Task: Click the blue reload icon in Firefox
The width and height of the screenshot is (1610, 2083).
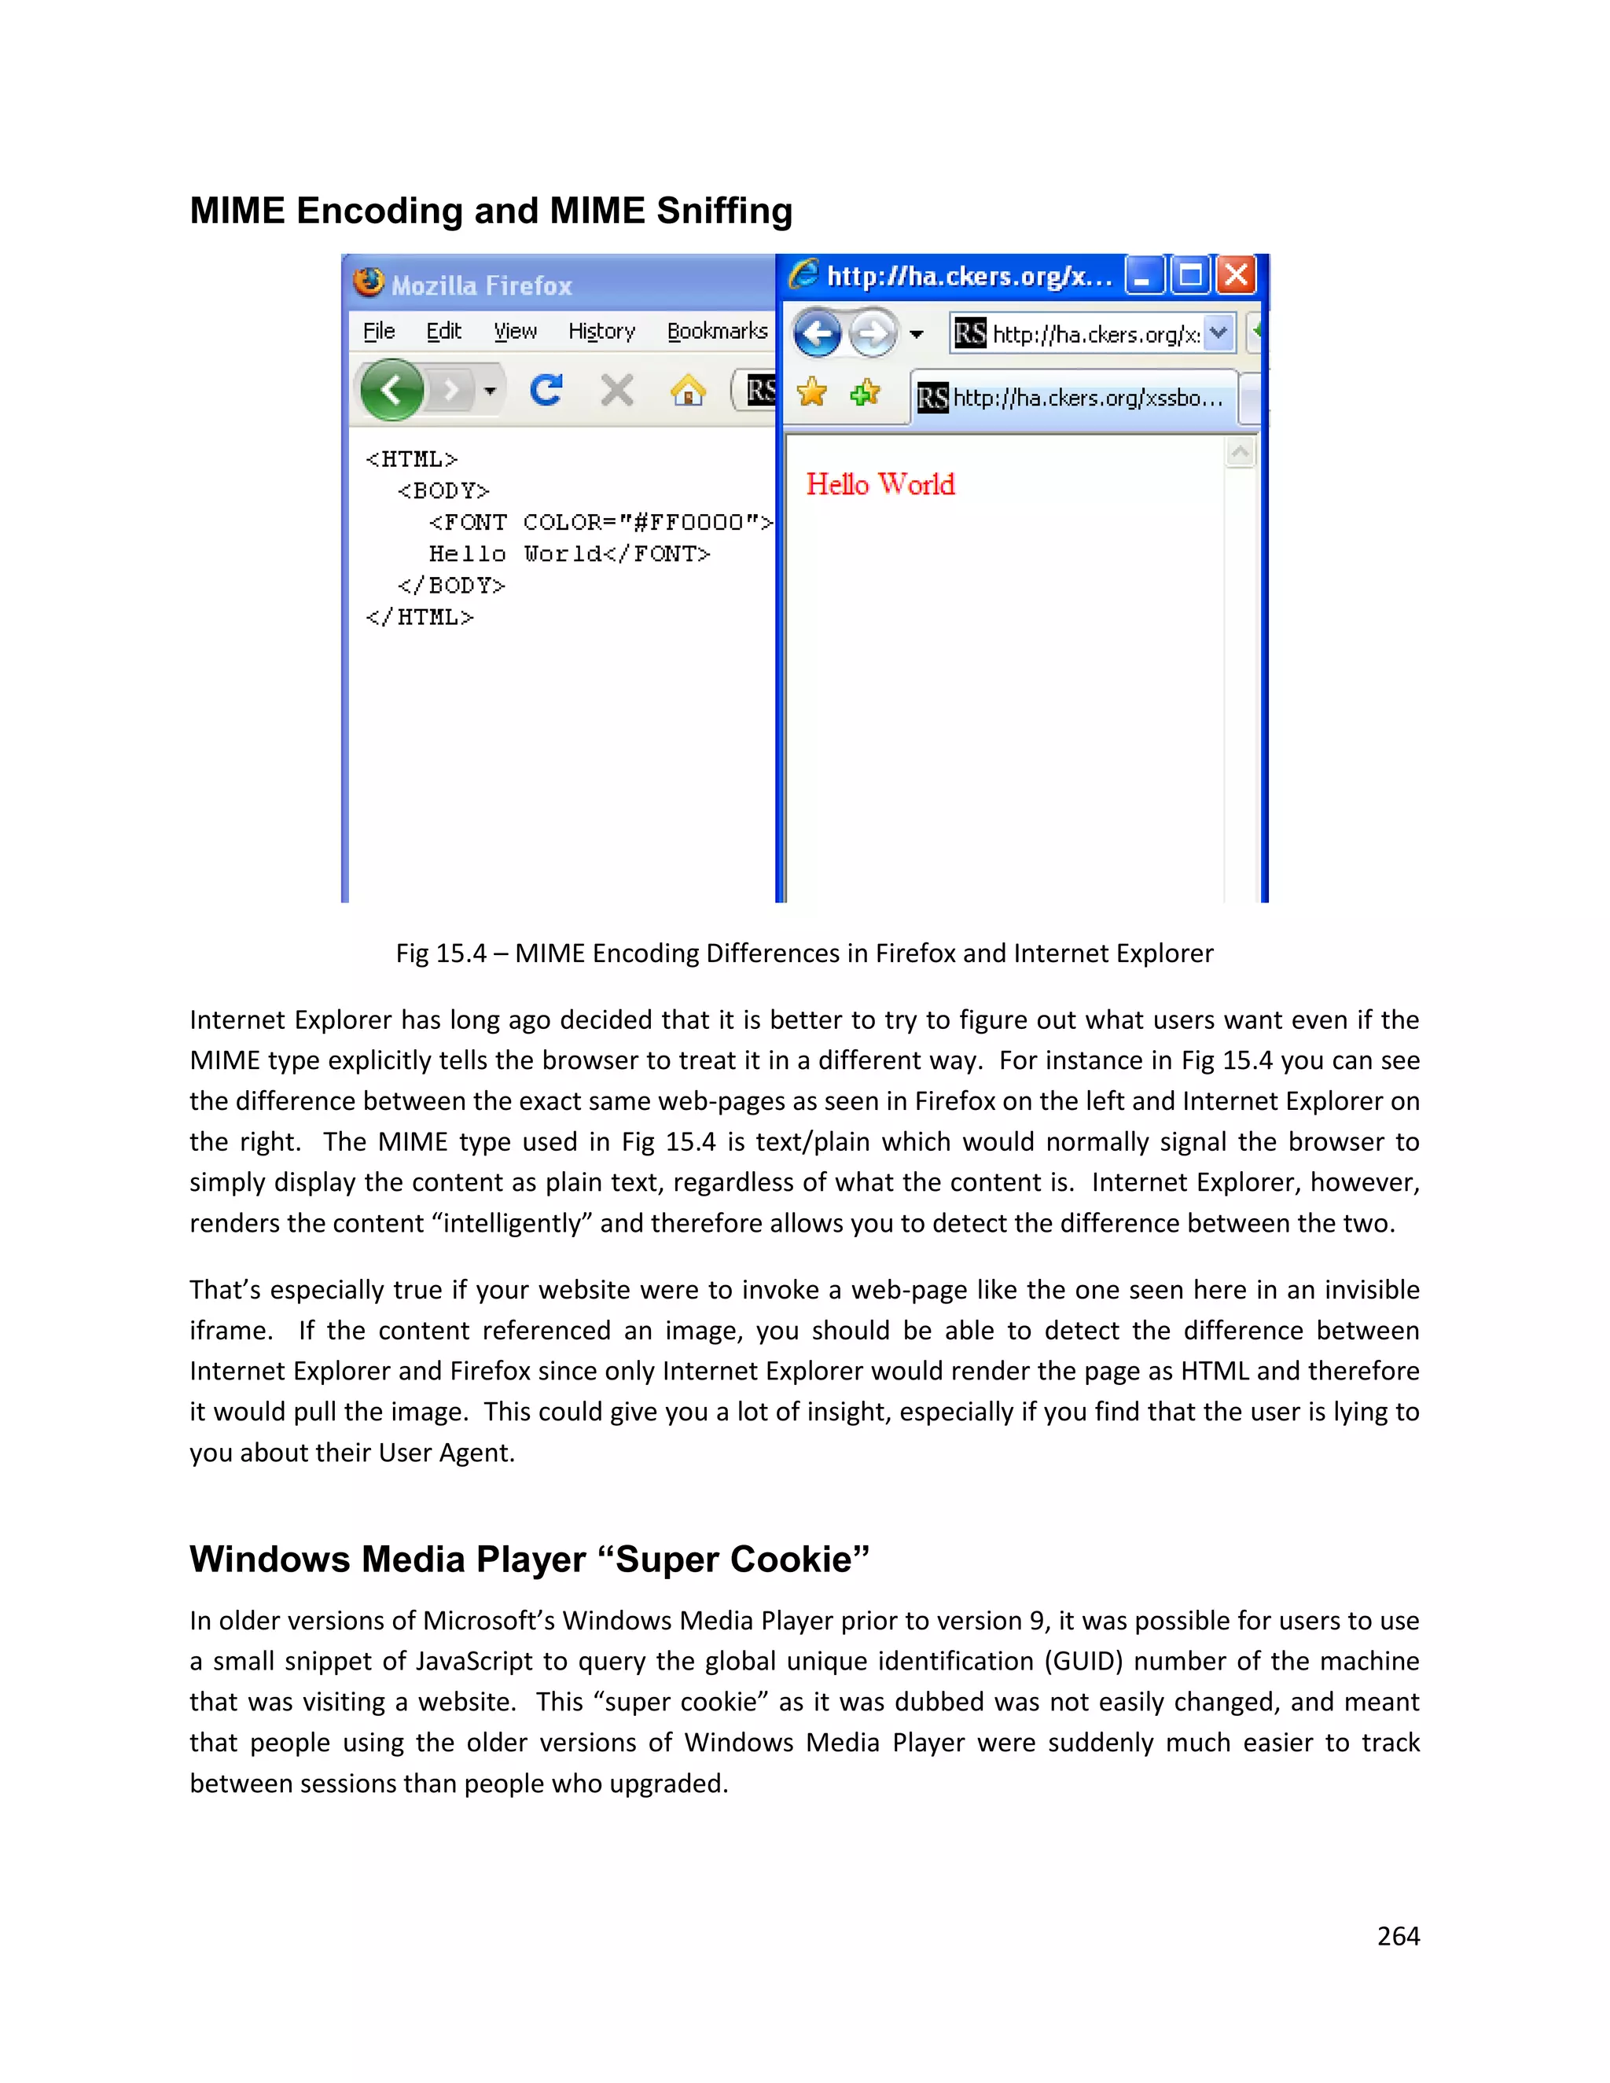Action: click(546, 390)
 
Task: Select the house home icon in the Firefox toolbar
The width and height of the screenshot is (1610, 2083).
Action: click(688, 390)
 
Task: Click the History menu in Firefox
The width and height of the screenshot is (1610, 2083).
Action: click(601, 331)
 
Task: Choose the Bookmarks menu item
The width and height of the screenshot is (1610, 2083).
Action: click(717, 331)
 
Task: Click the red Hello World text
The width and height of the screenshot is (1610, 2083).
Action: click(880, 484)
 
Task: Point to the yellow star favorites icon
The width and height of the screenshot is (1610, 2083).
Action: click(811, 392)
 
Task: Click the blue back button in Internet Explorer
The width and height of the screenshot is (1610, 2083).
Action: click(818, 334)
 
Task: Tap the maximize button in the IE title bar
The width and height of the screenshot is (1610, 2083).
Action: click(1190, 276)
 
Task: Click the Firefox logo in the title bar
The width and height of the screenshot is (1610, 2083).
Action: click(368, 282)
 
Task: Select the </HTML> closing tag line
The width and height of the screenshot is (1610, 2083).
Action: click(420, 617)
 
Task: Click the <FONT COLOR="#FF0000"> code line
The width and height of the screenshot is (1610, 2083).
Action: click(600, 523)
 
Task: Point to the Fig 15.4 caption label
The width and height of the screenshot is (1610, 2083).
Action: click(441, 953)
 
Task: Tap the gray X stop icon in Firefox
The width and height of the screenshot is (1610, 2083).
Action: click(617, 390)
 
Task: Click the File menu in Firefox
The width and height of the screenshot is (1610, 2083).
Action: click(379, 331)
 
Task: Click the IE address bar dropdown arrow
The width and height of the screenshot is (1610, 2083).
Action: click(1218, 332)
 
